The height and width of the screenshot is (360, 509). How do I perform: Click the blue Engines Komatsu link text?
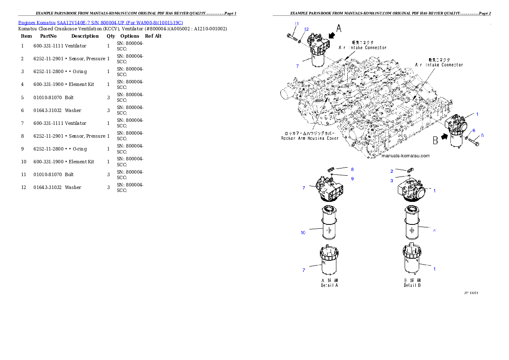101,22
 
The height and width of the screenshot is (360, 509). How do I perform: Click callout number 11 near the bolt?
296,23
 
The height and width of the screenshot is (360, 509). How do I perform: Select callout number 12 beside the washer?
306,29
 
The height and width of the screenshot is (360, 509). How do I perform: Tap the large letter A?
338,29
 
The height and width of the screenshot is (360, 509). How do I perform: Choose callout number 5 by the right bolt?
482,136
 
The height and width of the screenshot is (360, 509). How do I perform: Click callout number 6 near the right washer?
473,130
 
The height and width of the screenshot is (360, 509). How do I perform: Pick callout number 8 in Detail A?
352,169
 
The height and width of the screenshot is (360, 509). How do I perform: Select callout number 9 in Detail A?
352,178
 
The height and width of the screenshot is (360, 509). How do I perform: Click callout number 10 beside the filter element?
303,233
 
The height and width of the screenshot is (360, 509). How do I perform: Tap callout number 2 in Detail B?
391,171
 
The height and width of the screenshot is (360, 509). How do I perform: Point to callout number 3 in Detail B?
391,181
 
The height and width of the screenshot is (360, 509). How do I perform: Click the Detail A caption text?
329,285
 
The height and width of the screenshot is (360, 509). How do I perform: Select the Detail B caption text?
412,285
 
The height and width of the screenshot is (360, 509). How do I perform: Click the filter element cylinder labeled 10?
328,224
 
